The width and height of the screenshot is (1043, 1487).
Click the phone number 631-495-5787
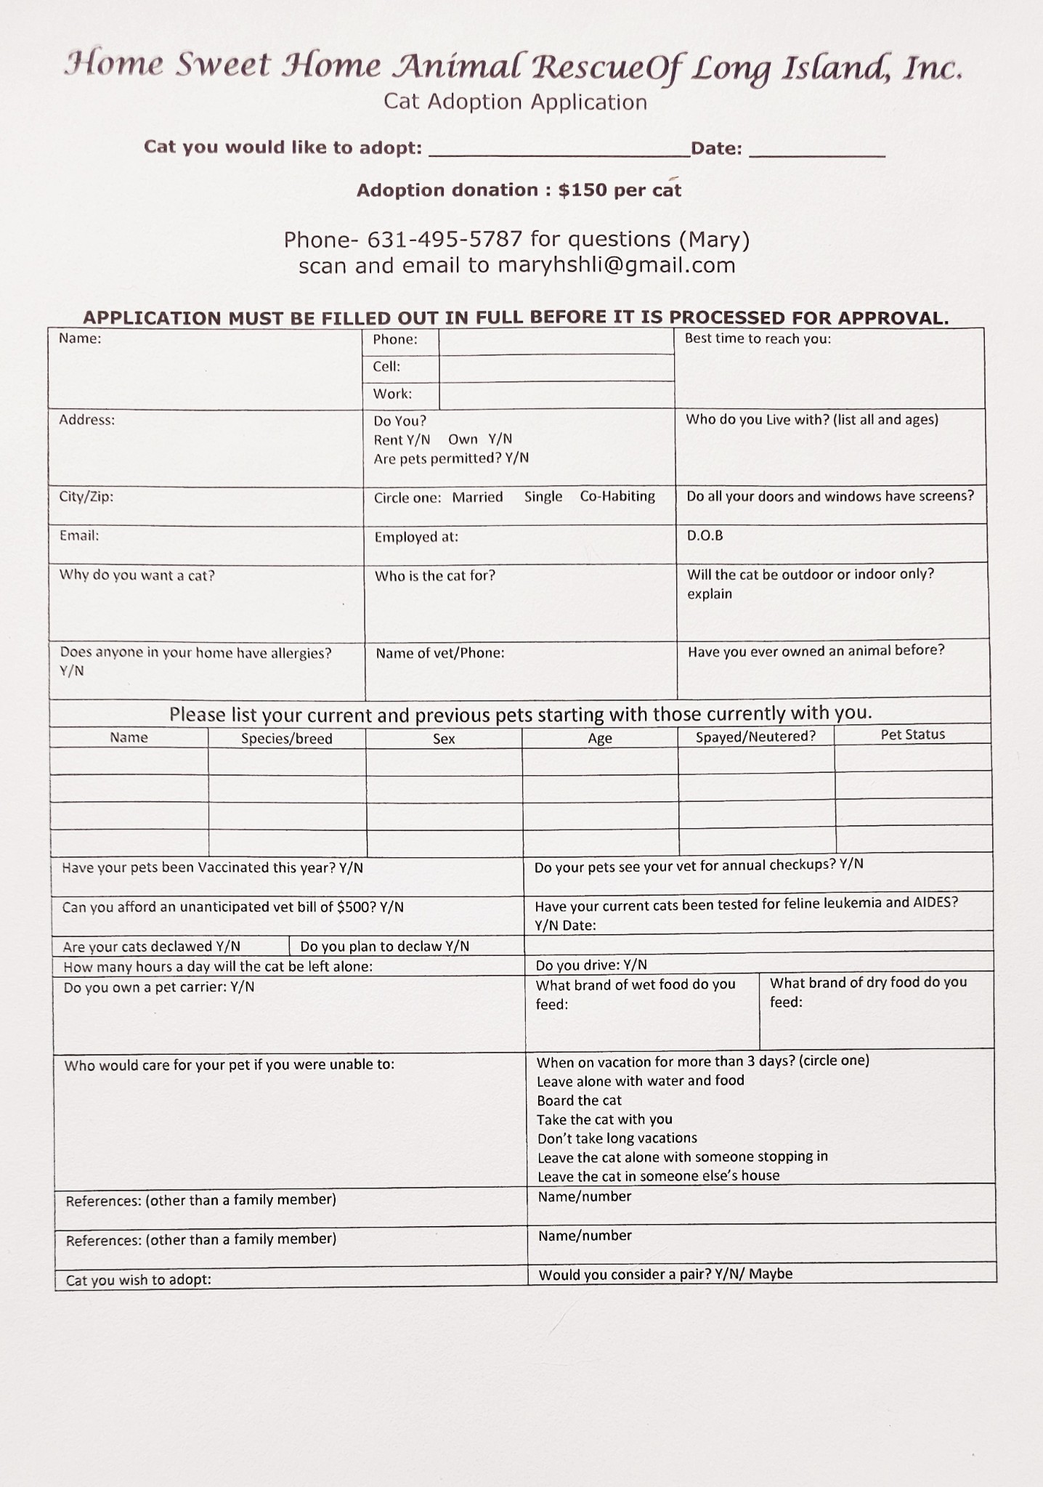point(445,239)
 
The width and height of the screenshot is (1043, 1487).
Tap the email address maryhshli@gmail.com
point(616,265)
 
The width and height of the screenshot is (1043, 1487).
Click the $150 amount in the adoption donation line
point(583,190)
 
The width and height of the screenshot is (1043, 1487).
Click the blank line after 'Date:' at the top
point(816,150)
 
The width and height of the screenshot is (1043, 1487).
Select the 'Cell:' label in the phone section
point(386,367)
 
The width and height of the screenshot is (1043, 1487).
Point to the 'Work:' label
point(392,394)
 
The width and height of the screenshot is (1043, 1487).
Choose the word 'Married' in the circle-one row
point(477,498)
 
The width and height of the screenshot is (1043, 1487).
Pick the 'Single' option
point(543,497)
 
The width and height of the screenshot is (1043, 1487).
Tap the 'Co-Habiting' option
point(617,496)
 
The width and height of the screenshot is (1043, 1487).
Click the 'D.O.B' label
point(705,536)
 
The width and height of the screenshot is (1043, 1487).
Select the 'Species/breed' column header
point(286,739)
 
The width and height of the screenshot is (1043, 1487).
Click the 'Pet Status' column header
point(912,734)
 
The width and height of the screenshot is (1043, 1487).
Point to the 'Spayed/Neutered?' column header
point(755,737)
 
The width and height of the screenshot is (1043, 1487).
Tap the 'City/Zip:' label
point(86,497)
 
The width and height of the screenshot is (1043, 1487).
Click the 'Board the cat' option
point(579,1101)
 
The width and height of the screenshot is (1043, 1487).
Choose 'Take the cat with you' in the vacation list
point(604,1119)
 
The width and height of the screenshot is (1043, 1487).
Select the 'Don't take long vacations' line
point(617,1138)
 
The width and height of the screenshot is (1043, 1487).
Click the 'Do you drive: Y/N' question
point(591,965)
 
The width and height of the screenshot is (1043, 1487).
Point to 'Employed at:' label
point(416,538)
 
